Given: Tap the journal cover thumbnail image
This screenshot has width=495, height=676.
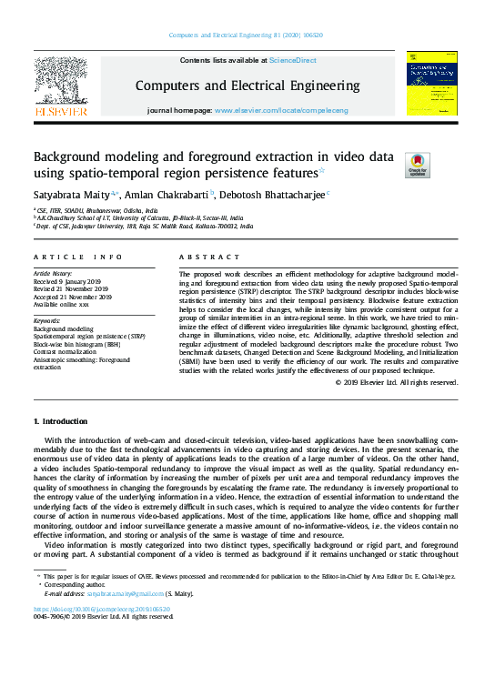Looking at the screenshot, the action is (x=432, y=83).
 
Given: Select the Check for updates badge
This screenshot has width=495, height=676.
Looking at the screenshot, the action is (x=418, y=164).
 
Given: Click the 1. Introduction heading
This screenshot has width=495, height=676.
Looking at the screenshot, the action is (x=62, y=423).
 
